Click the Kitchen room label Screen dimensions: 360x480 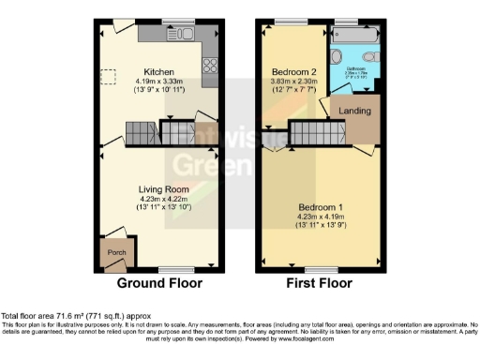point(157,71)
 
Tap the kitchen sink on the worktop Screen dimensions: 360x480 point(183,35)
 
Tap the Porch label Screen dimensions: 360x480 point(116,251)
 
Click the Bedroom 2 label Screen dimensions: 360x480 point(292,71)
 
